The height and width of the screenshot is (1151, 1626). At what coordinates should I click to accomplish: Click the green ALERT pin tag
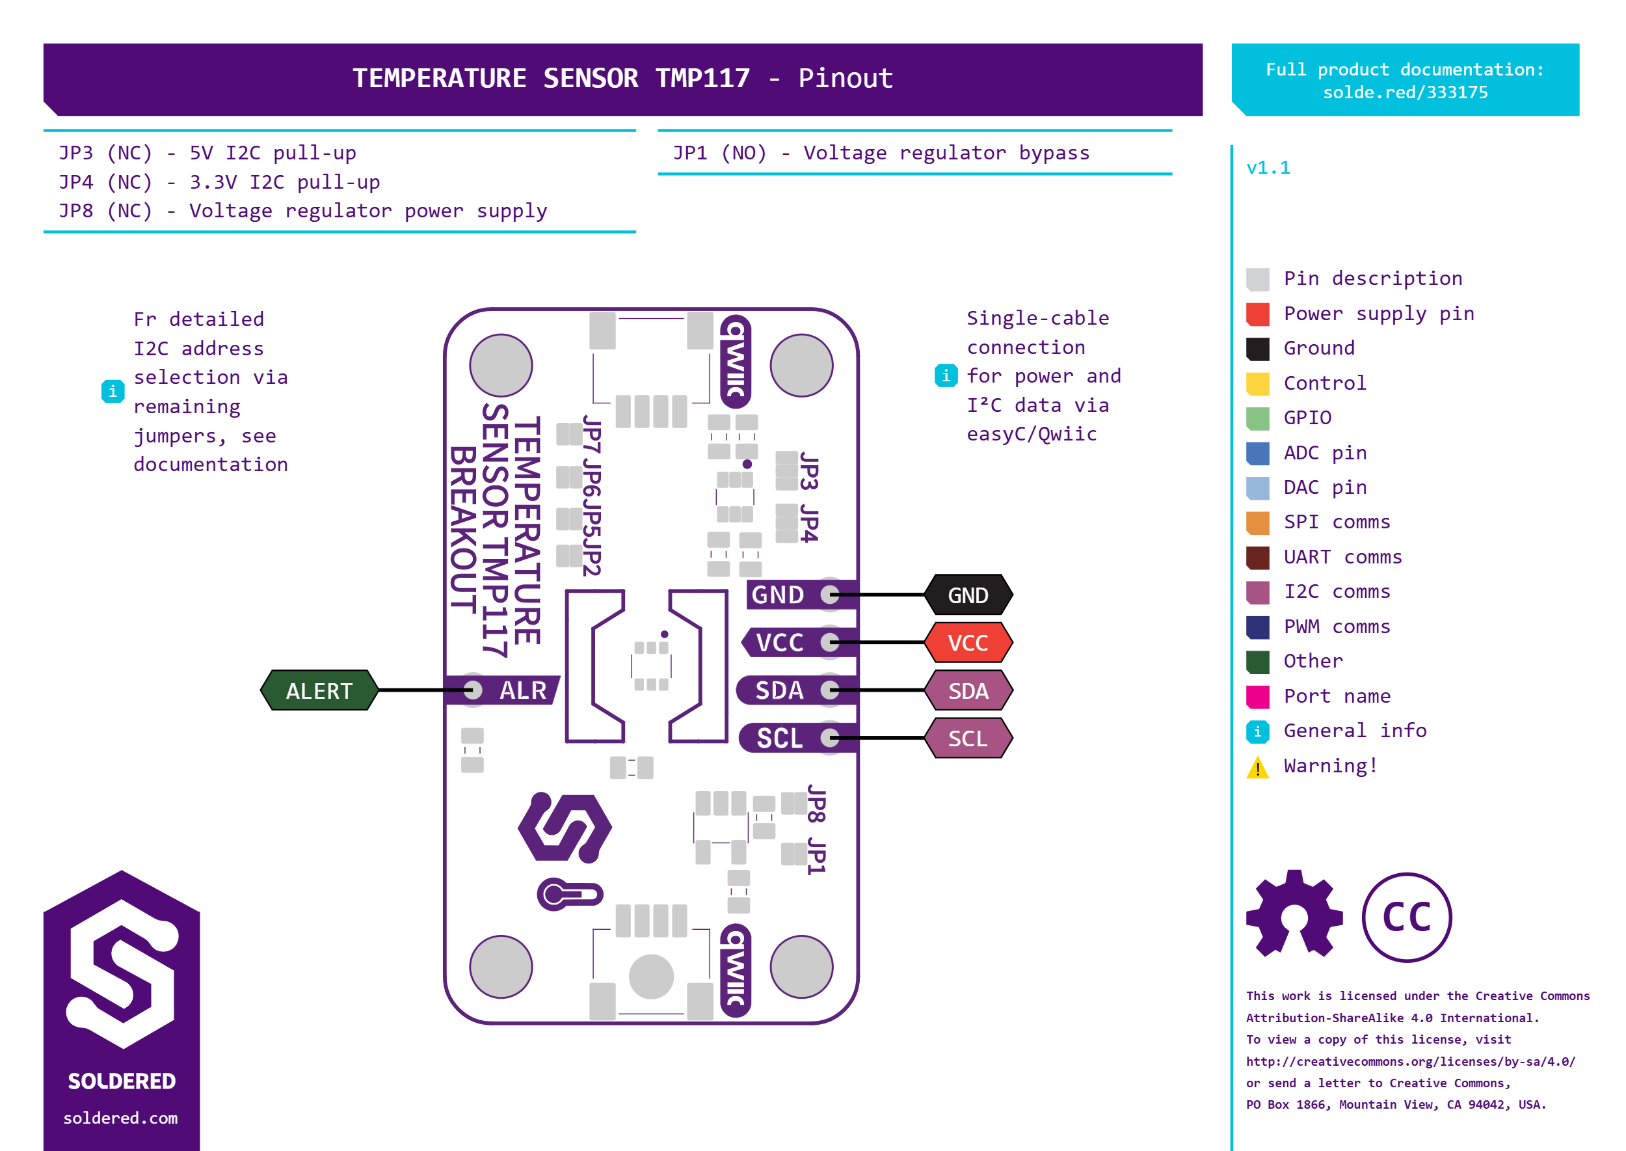[x=319, y=690]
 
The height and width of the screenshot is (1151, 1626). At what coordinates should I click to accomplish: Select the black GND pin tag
[x=968, y=595]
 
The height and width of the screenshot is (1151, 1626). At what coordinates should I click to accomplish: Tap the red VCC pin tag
[x=968, y=642]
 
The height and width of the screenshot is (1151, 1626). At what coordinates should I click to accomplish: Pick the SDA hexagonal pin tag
[x=968, y=690]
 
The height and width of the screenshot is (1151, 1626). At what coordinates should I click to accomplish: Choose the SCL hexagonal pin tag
[x=968, y=738]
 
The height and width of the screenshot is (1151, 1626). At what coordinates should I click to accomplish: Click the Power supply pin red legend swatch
[x=1258, y=314]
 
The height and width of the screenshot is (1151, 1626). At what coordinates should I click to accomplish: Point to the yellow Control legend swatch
[x=1258, y=383]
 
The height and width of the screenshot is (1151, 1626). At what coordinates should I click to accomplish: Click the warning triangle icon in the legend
[x=1258, y=767]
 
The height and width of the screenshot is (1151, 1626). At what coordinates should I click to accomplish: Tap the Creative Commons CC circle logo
[x=1406, y=917]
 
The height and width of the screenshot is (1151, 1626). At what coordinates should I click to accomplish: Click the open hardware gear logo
[x=1294, y=914]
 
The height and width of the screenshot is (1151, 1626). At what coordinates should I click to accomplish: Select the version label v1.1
[x=1268, y=168]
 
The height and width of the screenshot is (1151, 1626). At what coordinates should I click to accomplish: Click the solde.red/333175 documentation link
[x=1405, y=93]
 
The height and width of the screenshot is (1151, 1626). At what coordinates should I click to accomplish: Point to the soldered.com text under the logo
[x=120, y=1118]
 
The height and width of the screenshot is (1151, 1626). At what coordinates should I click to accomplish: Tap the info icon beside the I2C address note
[x=113, y=391]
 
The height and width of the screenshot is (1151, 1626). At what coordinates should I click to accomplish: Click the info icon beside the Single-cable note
[x=946, y=375]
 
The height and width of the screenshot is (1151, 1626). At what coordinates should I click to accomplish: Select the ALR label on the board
[x=523, y=690]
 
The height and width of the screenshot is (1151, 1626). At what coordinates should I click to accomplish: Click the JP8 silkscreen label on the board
[x=816, y=804]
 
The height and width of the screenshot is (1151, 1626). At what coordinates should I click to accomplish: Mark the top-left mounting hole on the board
[x=501, y=366]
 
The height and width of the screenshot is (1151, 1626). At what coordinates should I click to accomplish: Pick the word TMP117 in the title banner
[x=702, y=78]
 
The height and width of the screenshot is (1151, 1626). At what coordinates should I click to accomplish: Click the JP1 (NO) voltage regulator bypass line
[x=881, y=153]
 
